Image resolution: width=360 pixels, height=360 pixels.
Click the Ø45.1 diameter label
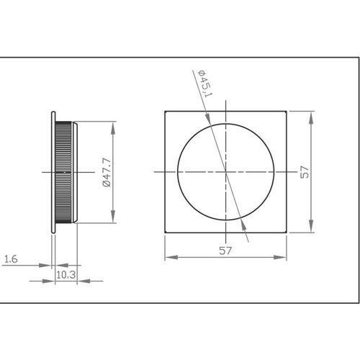[204, 84]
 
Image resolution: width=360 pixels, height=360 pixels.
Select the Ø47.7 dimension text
[105, 173]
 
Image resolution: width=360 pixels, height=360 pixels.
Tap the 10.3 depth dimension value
[66, 274]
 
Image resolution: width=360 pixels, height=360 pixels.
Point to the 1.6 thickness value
[12, 259]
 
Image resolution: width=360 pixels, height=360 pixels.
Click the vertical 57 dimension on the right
[305, 172]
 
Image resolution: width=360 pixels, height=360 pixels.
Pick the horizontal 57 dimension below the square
[226, 251]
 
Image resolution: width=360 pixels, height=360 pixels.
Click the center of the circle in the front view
[226, 172]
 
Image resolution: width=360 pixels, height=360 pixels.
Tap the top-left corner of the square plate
[166, 111]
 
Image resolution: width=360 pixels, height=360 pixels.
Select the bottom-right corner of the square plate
[287, 233]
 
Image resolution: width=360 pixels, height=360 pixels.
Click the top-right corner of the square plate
[287, 111]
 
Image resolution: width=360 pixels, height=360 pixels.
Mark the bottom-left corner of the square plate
[166, 233]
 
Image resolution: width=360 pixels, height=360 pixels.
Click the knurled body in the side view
[65, 172]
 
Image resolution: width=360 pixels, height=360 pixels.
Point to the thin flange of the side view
[54, 172]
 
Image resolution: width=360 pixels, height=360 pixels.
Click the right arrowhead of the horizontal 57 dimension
[284, 257]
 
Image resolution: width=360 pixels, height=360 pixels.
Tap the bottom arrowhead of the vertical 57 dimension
[312, 229]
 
